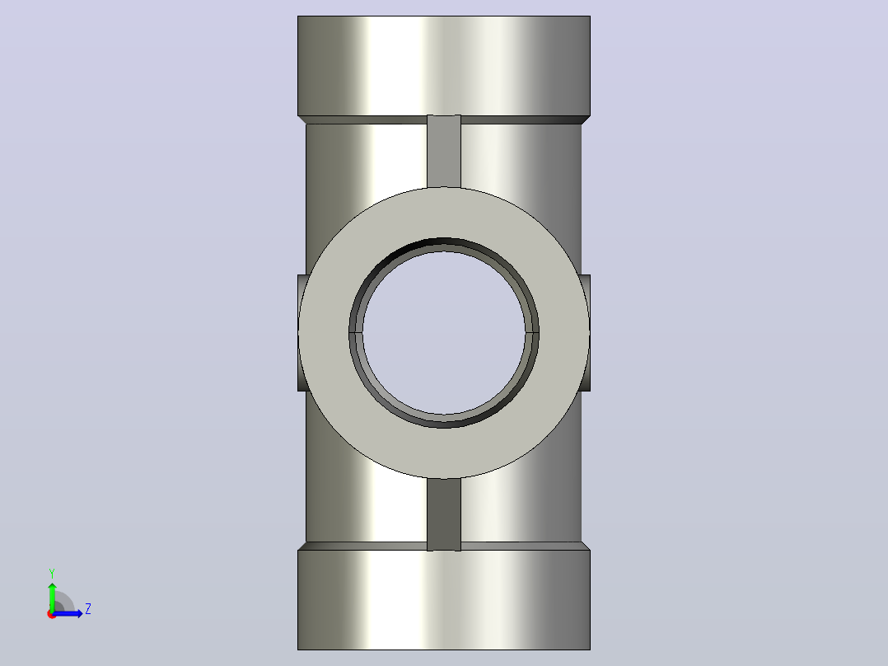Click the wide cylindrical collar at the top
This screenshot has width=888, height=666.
pyautogui.click(x=443, y=66)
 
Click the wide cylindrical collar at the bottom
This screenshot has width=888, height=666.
pyautogui.click(x=443, y=600)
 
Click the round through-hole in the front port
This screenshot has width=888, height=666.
pyautogui.click(x=444, y=333)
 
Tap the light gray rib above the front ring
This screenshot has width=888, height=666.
pyautogui.click(x=443, y=151)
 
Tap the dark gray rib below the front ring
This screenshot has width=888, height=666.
pyautogui.click(x=443, y=514)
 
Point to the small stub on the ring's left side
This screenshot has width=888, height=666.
pyautogui.click(x=301, y=333)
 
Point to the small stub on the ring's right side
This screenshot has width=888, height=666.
pyautogui.click(x=586, y=333)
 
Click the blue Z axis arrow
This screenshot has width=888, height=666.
pyautogui.click(x=68, y=613)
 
